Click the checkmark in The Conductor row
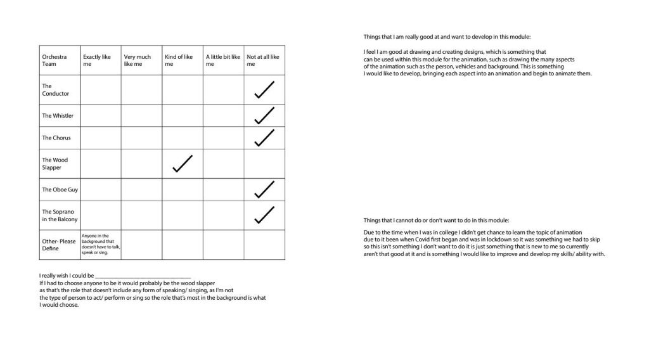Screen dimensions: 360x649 pos(264,90)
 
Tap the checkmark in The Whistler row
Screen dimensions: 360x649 pos(264,115)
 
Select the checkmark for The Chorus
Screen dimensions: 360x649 pos(264,138)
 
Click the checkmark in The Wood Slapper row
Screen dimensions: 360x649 pos(182,164)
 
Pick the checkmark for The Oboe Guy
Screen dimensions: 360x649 pos(264,190)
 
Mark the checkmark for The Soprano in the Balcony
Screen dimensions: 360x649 pos(264,215)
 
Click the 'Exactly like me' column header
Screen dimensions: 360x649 pos(97,60)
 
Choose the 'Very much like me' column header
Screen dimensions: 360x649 pos(138,60)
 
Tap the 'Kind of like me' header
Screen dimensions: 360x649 pos(179,60)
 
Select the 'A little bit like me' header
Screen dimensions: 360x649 pos(223,60)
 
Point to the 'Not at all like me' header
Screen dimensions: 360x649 pos(262,60)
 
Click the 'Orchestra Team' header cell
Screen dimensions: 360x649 pos(54,60)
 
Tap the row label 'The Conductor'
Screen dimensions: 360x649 pos(56,90)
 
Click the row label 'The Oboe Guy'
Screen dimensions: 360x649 pos(56,190)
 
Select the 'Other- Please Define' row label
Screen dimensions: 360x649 pos(59,245)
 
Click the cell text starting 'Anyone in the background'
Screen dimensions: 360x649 pos(100,244)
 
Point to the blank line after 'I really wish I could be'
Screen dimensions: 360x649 pos(143,276)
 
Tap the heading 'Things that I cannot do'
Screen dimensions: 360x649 pos(436,220)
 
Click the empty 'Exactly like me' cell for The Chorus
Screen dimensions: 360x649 pos(100,138)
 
